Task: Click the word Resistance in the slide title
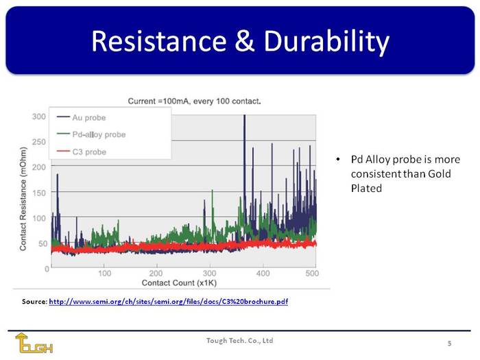159,40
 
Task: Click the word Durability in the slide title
326,43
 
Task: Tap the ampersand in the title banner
245,41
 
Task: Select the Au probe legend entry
81,117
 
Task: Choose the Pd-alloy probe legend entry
91,134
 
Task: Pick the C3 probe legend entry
82,152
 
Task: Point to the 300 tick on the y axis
39,117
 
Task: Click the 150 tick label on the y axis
39,193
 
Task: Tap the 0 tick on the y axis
47,269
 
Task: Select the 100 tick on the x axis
104,274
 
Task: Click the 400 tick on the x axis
263,274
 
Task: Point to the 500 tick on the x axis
312,274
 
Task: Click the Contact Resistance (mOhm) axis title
23,199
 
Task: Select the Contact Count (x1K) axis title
179,283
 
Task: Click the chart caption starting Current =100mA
194,101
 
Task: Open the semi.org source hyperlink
169,302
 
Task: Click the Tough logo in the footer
34,343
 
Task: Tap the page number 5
449,343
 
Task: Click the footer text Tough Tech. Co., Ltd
240,341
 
